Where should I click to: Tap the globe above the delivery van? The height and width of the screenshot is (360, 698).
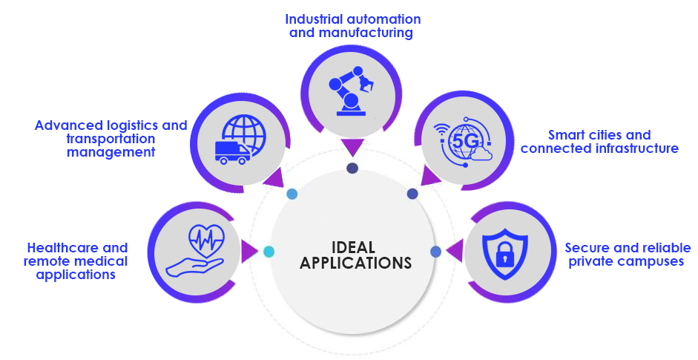pos(243,134)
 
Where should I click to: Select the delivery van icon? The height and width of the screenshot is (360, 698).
pos(231,151)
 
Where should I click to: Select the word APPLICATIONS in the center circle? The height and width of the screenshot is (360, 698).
pos(355,263)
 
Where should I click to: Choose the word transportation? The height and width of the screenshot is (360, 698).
pos(111,139)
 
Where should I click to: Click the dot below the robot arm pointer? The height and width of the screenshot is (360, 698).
pos(352,168)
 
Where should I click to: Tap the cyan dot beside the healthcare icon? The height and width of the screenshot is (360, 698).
pos(269,252)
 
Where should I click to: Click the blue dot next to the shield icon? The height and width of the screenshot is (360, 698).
pos(435,252)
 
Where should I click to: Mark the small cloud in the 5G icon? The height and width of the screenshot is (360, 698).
pos(481,154)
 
